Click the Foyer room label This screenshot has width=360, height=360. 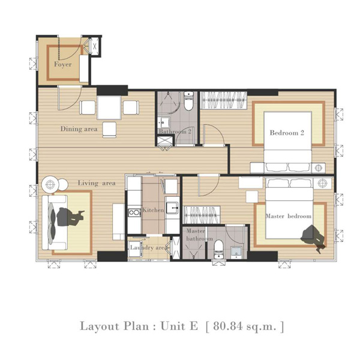(62, 64)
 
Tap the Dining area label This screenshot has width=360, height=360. (79, 129)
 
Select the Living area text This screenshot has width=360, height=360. (97, 183)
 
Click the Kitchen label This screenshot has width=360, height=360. (153, 210)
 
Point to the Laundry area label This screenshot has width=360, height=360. (149, 247)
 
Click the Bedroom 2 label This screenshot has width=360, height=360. (287, 133)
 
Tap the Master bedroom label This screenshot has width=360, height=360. (289, 216)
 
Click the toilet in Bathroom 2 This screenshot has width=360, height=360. (188, 101)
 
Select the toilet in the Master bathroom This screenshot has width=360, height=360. (218, 249)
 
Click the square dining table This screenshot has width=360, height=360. (109, 107)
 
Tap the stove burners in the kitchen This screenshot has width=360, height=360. (134, 212)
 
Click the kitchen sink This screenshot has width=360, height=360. (172, 208)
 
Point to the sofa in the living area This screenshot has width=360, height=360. (55, 223)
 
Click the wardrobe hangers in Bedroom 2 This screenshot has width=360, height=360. (223, 100)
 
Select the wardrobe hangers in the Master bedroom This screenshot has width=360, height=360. (202, 215)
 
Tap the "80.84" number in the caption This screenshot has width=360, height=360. (227, 326)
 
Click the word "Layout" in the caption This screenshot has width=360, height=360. (100, 326)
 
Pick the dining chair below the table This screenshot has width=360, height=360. (109, 130)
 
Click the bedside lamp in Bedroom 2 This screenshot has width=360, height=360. (319, 168)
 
